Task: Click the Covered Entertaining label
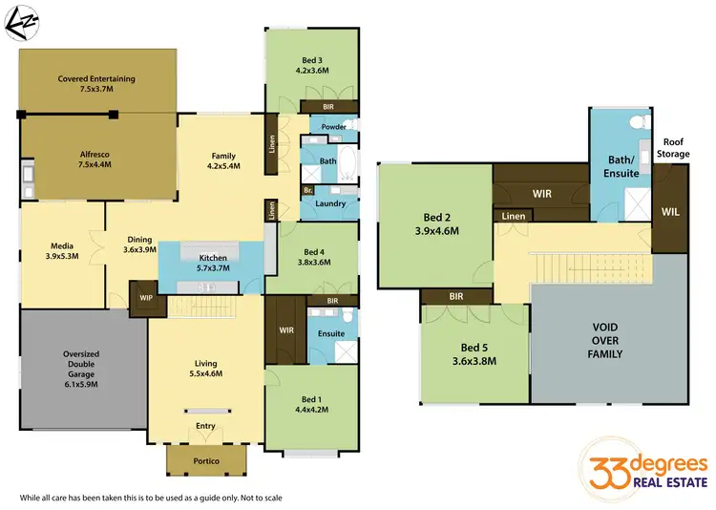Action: coord(96,83)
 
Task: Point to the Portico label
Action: coord(206,461)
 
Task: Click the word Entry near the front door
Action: coord(205,426)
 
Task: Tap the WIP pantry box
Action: coord(145,297)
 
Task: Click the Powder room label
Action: coord(333,127)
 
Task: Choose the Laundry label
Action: coord(330,203)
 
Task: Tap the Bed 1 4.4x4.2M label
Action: coord(312,405)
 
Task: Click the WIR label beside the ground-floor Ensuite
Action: coord(284,330)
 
